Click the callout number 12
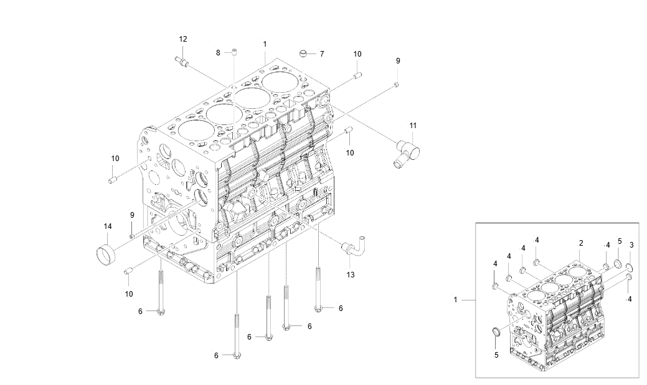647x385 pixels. pos(183,39)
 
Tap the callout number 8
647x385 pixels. pos(219,53)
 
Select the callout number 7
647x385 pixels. pos(322,54)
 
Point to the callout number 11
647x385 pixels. pos(413,126)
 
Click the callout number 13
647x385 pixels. pos(351,275)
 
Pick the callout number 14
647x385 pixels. pos(107,226)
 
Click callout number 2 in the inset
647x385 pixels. pos(580,243)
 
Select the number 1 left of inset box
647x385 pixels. pos(455,300)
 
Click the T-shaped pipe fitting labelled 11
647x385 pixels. pos(405,152)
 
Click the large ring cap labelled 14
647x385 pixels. pos(106,254)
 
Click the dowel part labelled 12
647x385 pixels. pos(182,61)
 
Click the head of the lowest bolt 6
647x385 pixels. pos(237,356)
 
